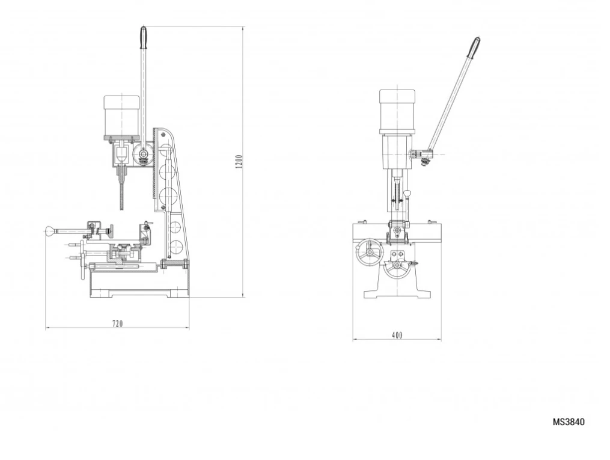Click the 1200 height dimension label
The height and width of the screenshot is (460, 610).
(239, 162)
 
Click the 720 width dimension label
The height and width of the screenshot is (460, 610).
(117, 324)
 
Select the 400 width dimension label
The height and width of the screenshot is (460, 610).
(397, 335)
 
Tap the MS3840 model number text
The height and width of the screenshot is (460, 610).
(569, 422)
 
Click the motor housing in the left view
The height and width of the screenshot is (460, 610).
(122, 117)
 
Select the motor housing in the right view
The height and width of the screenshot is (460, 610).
(397, 112)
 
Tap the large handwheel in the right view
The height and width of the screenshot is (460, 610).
(369, 253)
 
